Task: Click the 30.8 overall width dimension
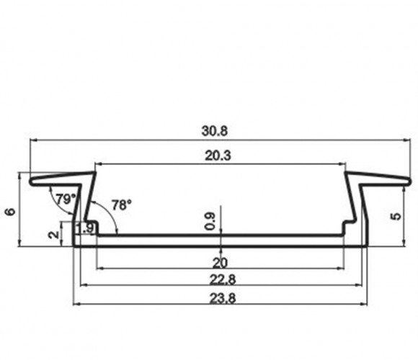coord(215,131)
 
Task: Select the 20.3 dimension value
coord(218,156)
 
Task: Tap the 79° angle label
coord(66,199)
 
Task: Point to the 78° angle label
coord(122,205)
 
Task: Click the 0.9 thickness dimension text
coord(210,221)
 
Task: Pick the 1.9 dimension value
coord(85,228)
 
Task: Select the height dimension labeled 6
coord(10,212)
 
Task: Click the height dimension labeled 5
coord(396,216)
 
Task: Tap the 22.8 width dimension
coord(223,280)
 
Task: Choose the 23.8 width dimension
coord(223,299)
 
